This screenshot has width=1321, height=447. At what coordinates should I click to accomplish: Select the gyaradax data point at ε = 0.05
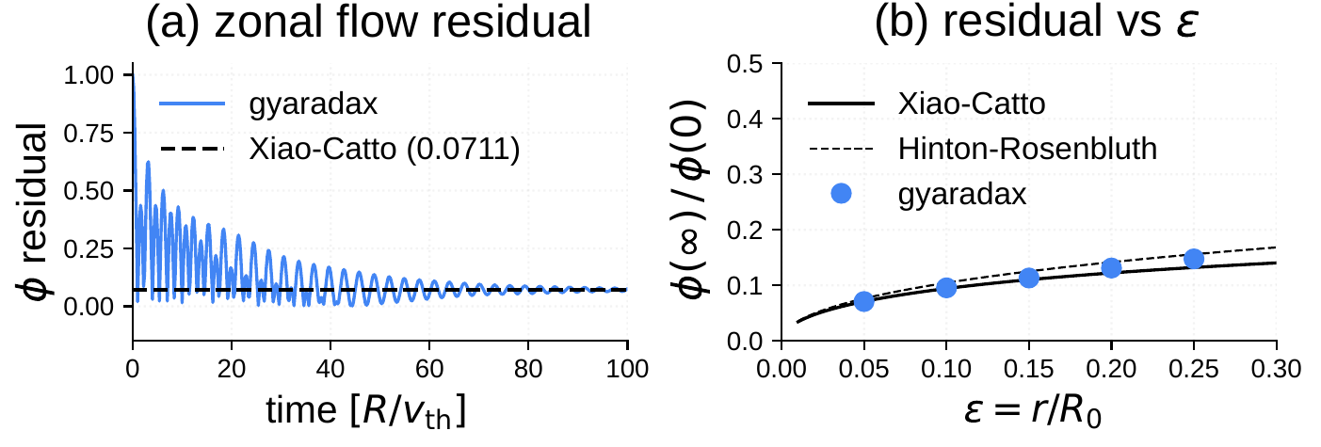tap(863, 301)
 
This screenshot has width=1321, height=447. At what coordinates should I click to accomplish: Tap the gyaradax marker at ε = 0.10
tap(946, 287)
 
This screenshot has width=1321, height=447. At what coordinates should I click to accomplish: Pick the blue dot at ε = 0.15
tap(1028, 277)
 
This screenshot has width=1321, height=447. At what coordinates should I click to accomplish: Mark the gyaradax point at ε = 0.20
tap(1111, 267)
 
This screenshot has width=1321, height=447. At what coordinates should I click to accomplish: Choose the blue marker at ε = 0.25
tap(1194, 259)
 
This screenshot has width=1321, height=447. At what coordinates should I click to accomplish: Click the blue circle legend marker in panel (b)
tap(842, 192)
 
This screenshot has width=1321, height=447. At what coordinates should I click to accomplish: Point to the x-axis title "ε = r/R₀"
tap(1027, 411)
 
